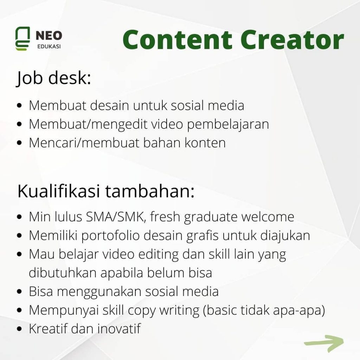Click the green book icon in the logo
pos(22,39)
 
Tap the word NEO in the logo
pos(49,36)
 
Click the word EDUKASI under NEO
pos(49,46)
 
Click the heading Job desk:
pos(54,78)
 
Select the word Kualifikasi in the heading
pos(59,191)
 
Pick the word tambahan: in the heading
pos(150,191)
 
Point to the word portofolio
pos(110,236)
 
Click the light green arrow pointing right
pos(324,343)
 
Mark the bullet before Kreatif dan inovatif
pos(20,329)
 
